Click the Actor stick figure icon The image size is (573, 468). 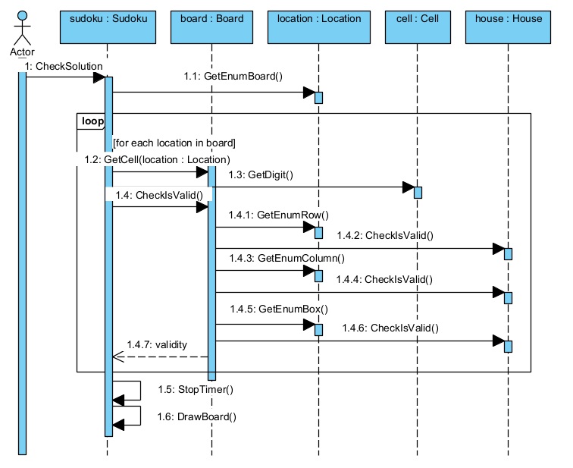[x=22, y=28]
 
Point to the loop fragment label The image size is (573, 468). [x=92, y=121]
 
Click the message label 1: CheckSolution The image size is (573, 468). [x=63, y=67]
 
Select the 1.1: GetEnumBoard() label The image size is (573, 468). [x=233, y=76]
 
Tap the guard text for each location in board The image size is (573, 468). [x=174, y=143]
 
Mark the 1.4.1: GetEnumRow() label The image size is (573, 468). [x=282, y=215]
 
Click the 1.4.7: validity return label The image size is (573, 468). [x=156, y=344]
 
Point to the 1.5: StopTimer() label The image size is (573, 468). [x=195, y=389]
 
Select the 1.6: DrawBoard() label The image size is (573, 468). [x=196, y=416]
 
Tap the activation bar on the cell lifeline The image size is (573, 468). [x=418, y=191]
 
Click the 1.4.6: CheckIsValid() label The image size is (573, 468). [x=390, y=328]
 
